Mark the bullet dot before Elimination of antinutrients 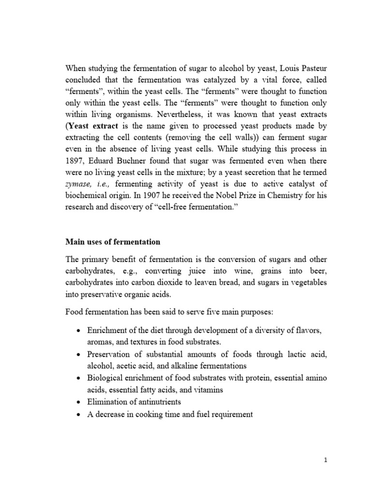pyautogui.click(x=80, y=402)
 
